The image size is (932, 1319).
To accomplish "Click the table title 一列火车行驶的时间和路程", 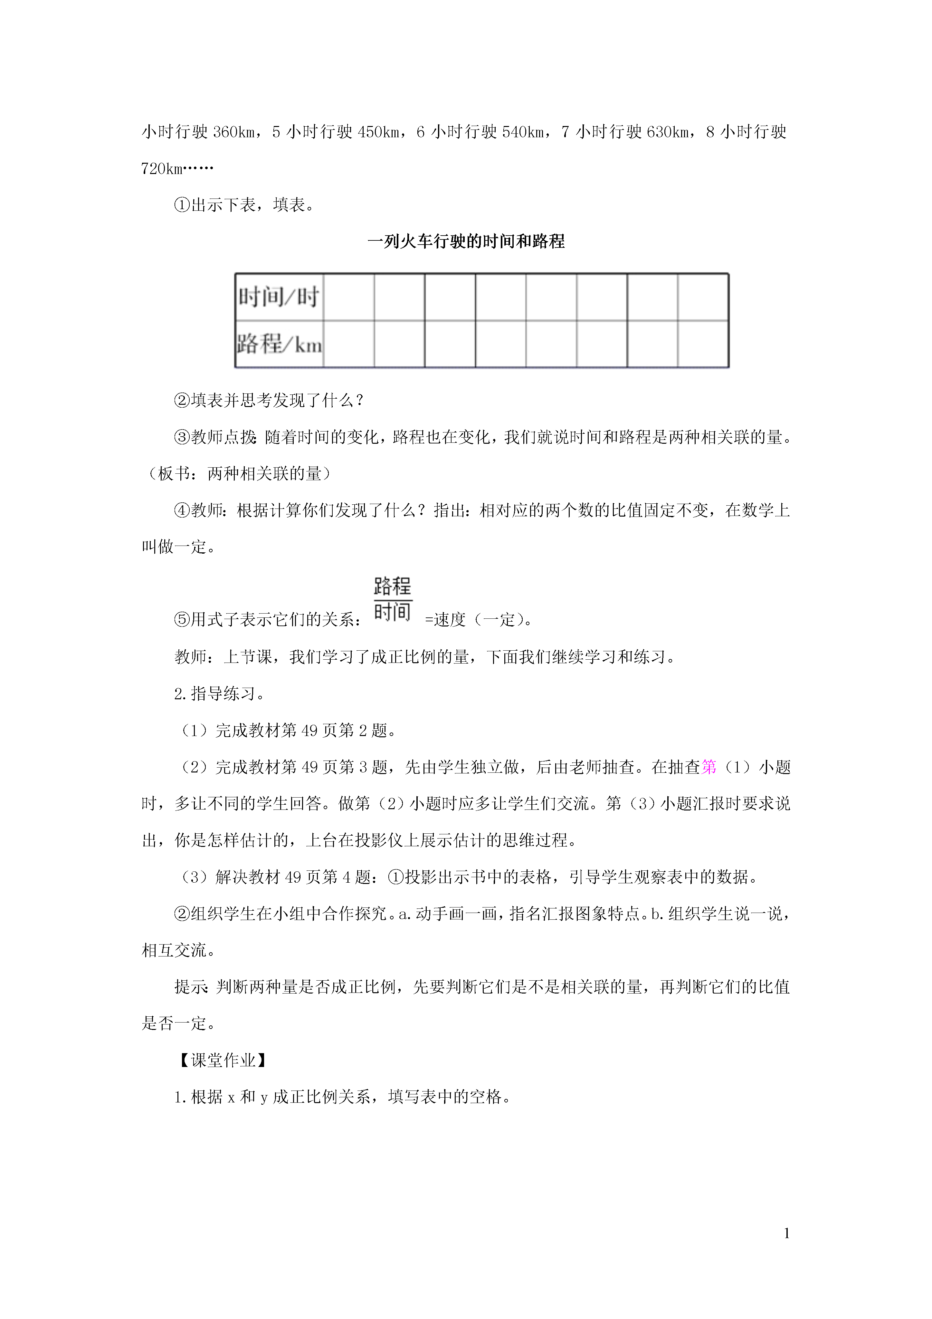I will [466, 241].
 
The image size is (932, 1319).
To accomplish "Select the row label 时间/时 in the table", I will [279, 297].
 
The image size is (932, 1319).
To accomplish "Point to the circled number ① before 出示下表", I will [182, 205].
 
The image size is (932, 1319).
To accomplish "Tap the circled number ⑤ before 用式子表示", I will [182, 620].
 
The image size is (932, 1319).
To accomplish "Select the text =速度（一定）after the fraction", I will [478, 620].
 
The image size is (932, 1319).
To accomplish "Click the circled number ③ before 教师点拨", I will [182, 437].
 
